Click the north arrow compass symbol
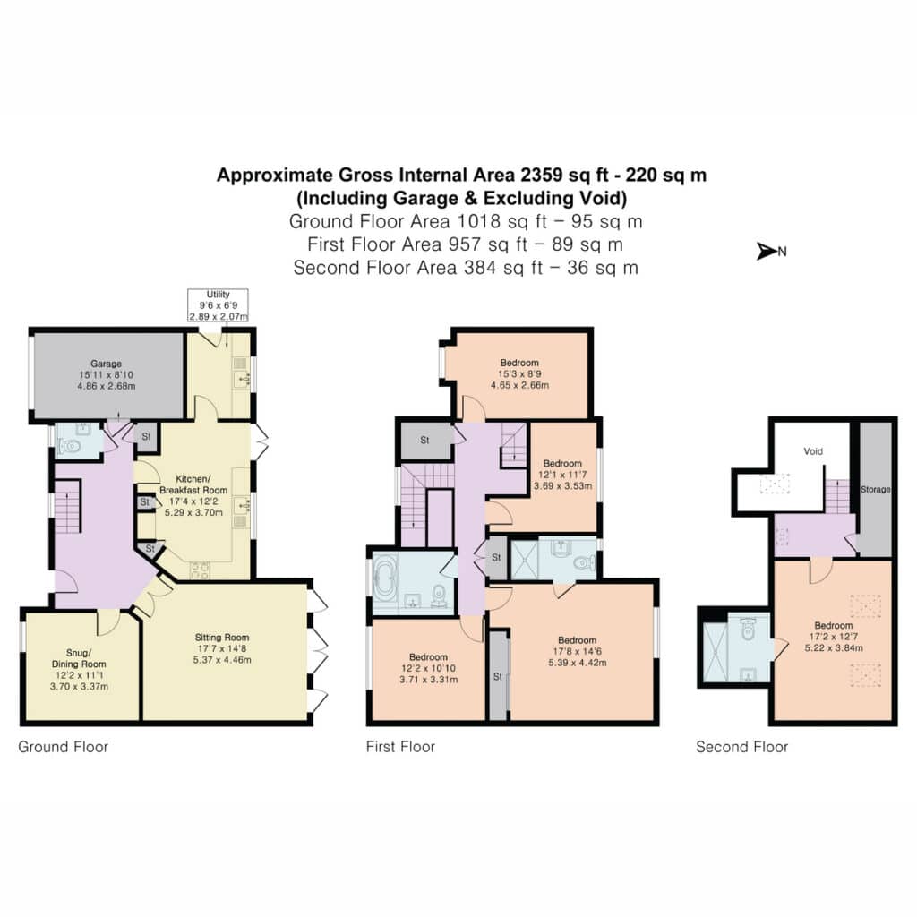pos(771,252)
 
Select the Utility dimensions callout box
pos(219,305)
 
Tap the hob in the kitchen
pos(200,570)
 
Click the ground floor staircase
pos(68,507)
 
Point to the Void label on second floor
pos(813,451)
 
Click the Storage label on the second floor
pos(876,490)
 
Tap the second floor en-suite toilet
pos(748,630)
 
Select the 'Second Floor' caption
pos(742,747)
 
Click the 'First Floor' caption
pos(400,747)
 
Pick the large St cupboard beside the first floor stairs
pos(425,441)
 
